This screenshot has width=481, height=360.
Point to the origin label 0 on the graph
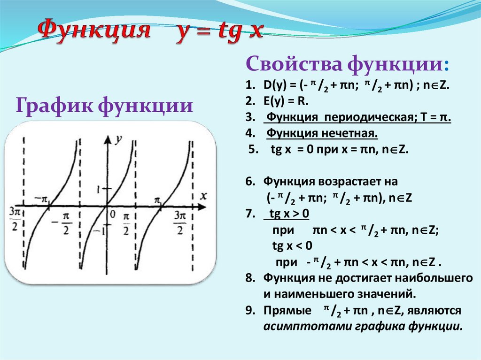click(x=112, y=215)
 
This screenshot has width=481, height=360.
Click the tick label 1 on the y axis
click(x=99, y=189)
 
